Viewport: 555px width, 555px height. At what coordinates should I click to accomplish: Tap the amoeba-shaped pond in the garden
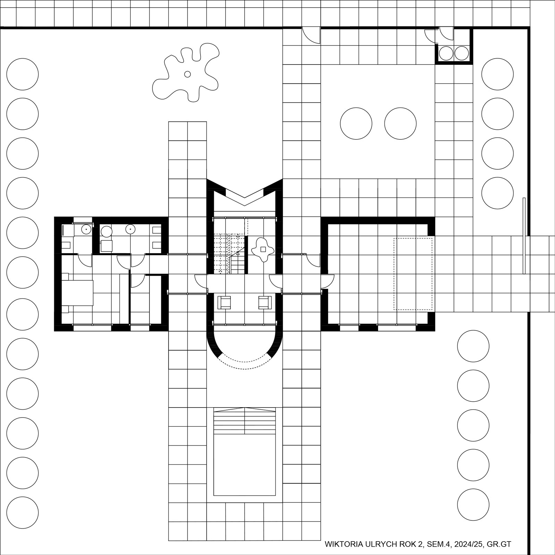(x=186, y=72)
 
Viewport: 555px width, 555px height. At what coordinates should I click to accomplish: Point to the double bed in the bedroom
(x=78, y=293)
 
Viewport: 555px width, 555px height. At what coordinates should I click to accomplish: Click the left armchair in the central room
(x=224, y=302)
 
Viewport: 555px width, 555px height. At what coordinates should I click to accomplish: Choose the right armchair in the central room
(x=265, y=302)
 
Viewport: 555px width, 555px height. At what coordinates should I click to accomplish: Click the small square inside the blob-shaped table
(x=263, y=249)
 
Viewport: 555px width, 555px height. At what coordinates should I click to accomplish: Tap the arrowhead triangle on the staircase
(x=238, y=253)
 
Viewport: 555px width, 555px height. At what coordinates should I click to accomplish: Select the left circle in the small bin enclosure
(x=446, y=53)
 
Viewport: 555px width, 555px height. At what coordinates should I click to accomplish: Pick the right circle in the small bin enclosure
(x=462, y=53)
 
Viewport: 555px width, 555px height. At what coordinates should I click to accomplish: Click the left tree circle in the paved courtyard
(x=356, y=123)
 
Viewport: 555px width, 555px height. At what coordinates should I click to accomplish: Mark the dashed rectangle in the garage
(x=413, y=274)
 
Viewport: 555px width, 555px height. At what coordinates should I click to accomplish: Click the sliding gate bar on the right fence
(x=524, y=236)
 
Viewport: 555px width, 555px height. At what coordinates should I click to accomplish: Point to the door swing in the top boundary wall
(x=311, y=35)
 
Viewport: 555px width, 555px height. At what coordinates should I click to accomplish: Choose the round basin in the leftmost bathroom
(x=86, y=229)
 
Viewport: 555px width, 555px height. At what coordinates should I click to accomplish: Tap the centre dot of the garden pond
(x=187, y=74)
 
